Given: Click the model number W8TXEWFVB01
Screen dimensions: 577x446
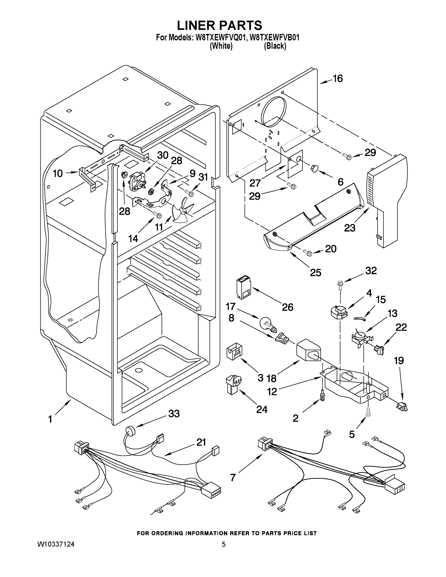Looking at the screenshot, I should coord(275,38).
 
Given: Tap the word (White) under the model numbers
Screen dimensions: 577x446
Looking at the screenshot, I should coord(221,46).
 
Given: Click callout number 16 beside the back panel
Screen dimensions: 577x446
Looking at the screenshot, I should coord(337,78).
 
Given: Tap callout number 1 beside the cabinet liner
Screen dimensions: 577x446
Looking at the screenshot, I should coord(50,419).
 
